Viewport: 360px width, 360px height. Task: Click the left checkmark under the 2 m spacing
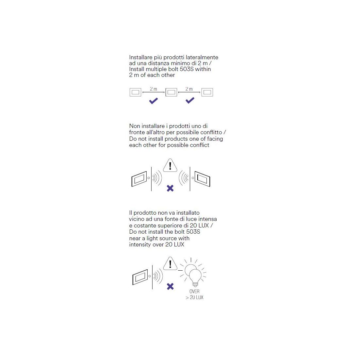click(153, 101)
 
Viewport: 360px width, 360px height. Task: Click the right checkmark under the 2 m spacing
click(190, 100)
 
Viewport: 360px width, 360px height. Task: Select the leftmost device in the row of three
click(135, 92)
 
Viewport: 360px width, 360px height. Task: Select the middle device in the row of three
click(171, 92)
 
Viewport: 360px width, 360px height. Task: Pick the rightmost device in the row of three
click(207, 92)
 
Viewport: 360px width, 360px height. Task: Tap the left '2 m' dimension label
click(153, 89)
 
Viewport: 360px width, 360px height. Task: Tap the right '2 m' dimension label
click(189, 89)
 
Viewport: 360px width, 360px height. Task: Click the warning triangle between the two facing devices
click(170, 166)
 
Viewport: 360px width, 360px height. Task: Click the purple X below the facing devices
click(170, 188)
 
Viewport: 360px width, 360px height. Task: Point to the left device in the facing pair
click(139, 179)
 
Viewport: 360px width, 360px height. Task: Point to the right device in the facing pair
click(202, 179)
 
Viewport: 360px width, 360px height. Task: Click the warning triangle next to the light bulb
click(170, 264)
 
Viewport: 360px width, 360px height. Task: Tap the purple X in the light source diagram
click(170, 286)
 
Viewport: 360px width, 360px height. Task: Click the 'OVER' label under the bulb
click(194, 291)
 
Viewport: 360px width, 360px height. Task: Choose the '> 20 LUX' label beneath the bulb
click(194, 297)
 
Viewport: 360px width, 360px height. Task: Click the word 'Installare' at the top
click(141, 57)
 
